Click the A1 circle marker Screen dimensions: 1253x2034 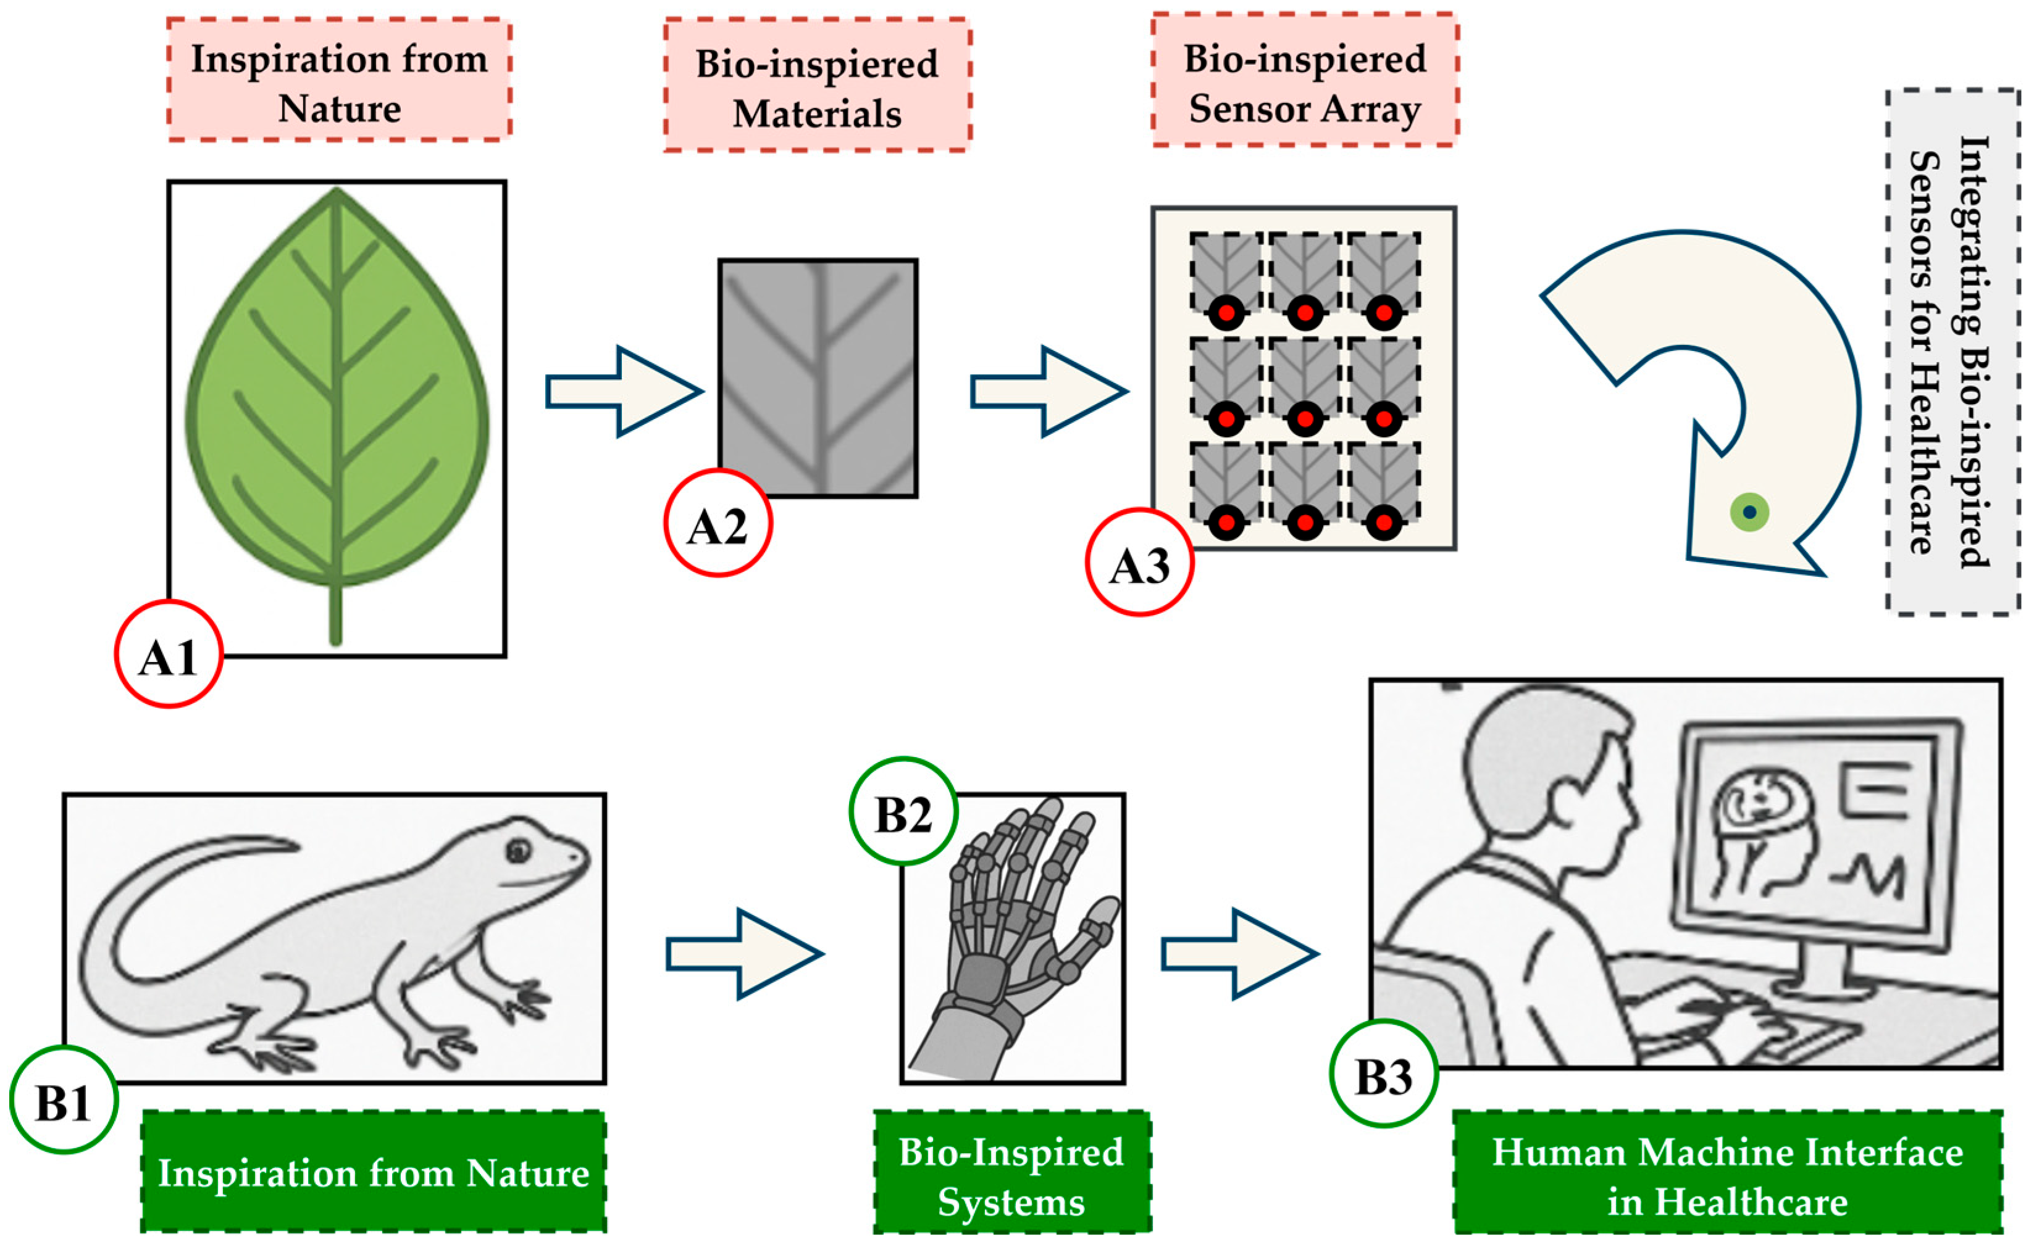point(169,655)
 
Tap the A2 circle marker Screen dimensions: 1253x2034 point(718,523)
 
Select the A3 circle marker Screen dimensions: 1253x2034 point(1139,563)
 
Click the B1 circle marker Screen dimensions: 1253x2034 point(64,1099)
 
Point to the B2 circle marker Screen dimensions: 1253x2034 point(903,811)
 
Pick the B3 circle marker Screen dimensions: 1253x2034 point(1383,1073)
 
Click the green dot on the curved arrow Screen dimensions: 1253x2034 point(1749,512)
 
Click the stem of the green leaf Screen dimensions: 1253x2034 point(336,613)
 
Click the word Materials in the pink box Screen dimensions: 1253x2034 point(817,114)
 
